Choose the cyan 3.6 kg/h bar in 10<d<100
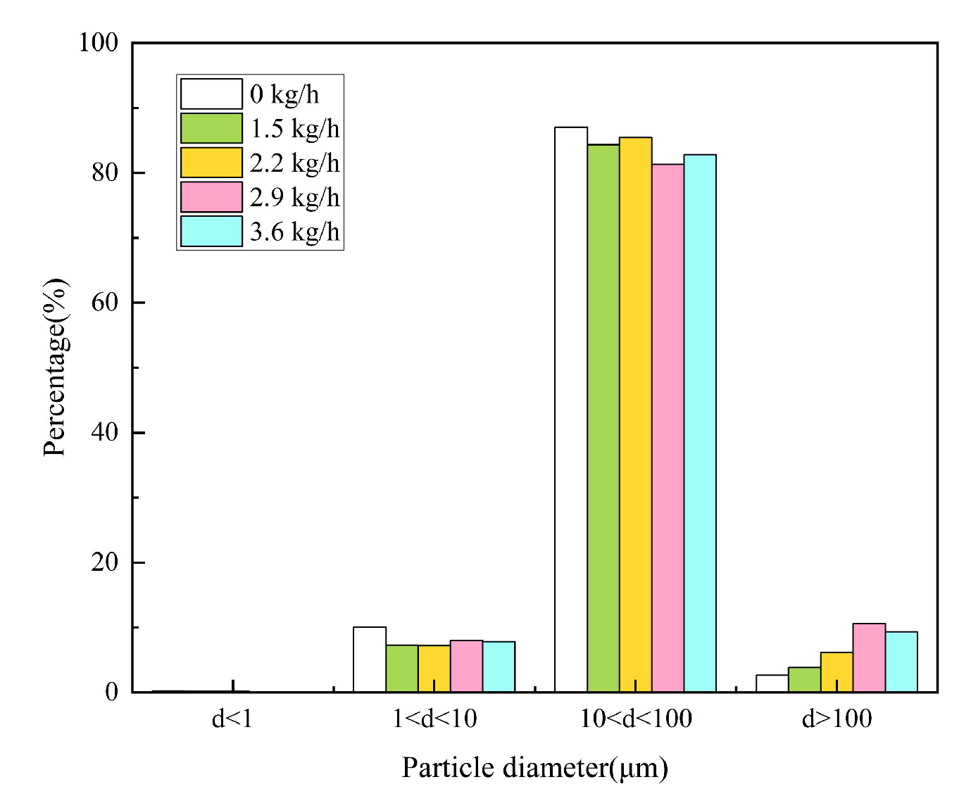700,423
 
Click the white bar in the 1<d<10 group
369,659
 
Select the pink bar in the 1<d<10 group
466,666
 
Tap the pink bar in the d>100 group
869,657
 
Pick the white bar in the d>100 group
772,683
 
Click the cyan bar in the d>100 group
901,662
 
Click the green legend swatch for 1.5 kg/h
211,128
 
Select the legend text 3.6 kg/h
294,232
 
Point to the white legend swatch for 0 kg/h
211,94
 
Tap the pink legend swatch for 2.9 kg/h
211,197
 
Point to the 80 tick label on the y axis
105,172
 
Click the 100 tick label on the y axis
99,42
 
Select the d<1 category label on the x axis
232,719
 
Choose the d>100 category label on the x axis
837,719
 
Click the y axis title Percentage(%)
55,367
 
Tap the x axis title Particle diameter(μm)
534,767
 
